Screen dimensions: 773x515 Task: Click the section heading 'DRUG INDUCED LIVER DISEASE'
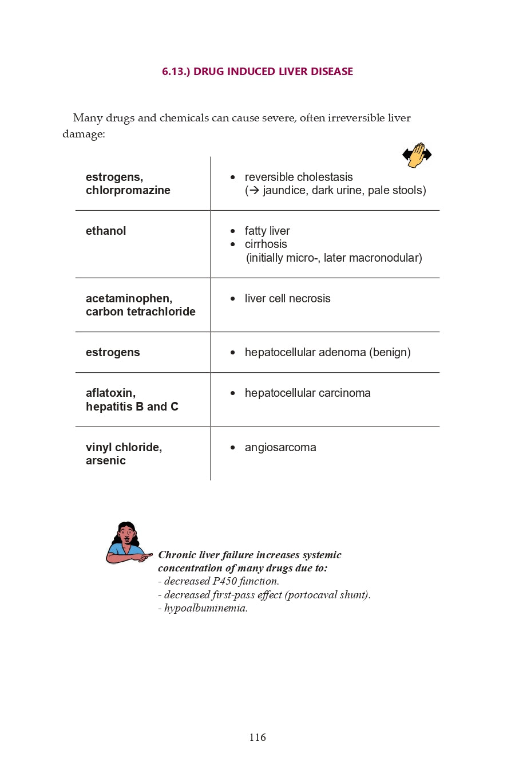pyautogui.click(x=273, y=72)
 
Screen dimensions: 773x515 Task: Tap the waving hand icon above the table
pyautogui.click(x=417, y=155)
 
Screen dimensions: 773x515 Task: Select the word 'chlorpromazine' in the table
pyautogui.click(x=128, y=191)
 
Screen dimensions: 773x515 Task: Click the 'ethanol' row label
pyautogui.click(x=106, y=231)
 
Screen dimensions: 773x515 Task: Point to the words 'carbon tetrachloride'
pyautogui.click(x=141, y=312)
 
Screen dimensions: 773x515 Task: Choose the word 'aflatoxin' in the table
pyautogui.click(x=110, y=393)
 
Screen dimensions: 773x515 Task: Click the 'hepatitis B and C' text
pyautogui.click(x=132, y=407)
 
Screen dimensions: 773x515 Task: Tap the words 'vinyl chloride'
pyautogui.click(x=124, y=447)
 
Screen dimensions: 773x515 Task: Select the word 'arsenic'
pyautogui.click(x=106, y=461)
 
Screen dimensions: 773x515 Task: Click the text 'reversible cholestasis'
pyautogui.click(x=299, y=177)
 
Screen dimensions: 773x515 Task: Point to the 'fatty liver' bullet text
pyautogui.click(x=267, y=231)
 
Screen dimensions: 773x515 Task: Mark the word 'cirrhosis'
pyautogui.click(x=266, y=244)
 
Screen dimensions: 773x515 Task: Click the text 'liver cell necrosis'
pyautogui.click(x=287, y=298)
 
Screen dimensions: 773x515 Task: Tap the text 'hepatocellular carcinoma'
pyautogui.click(x=307, y=393)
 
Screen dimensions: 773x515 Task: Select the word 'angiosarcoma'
pyautogui.click(x=280, y=447)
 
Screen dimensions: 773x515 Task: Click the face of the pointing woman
pyautogui.click(x=126, y=535)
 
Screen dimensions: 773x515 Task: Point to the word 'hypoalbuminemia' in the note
pyautogui.click(x=205, y=608)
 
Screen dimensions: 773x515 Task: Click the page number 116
pyautogui.click(x=257, y=737)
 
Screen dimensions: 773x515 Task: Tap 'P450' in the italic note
pyautogui.click(x=225, y=581)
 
